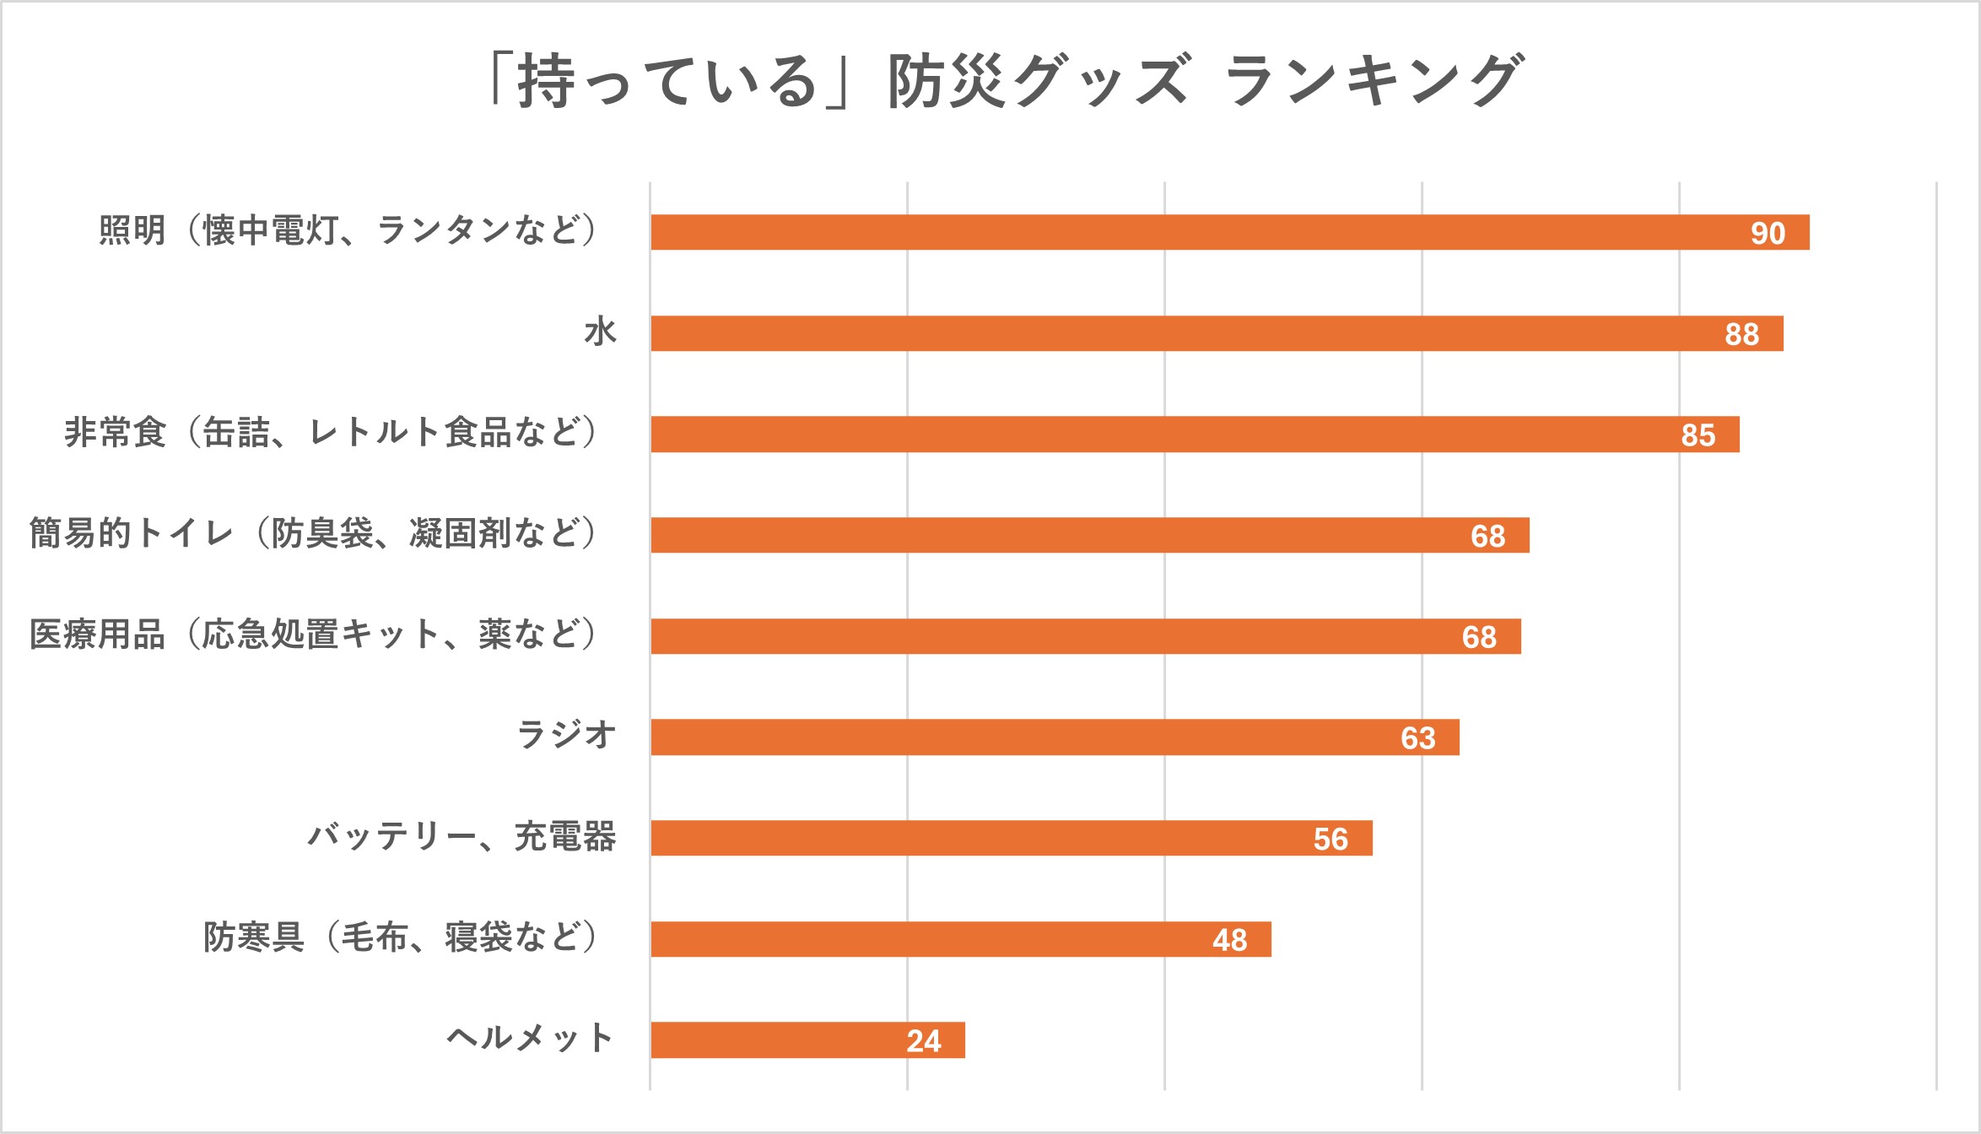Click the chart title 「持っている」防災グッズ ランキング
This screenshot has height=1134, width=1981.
1004,80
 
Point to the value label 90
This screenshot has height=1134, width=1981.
1768,233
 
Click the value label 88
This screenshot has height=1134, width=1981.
1741,334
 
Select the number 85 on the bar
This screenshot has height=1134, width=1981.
1698,435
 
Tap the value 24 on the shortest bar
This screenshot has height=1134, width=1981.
923,1041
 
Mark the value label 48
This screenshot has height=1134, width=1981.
1229,940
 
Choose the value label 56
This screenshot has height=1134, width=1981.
1331,839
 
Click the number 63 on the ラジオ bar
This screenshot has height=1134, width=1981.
1417,738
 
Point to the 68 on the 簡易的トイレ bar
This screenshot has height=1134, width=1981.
1487,536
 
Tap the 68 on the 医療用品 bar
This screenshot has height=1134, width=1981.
1479,637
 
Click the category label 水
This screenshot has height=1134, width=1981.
600,332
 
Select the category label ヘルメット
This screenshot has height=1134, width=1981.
530,1038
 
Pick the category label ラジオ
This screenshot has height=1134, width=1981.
565,735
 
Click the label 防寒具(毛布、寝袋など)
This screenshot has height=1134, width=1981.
402,937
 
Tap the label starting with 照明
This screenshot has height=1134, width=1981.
349,230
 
